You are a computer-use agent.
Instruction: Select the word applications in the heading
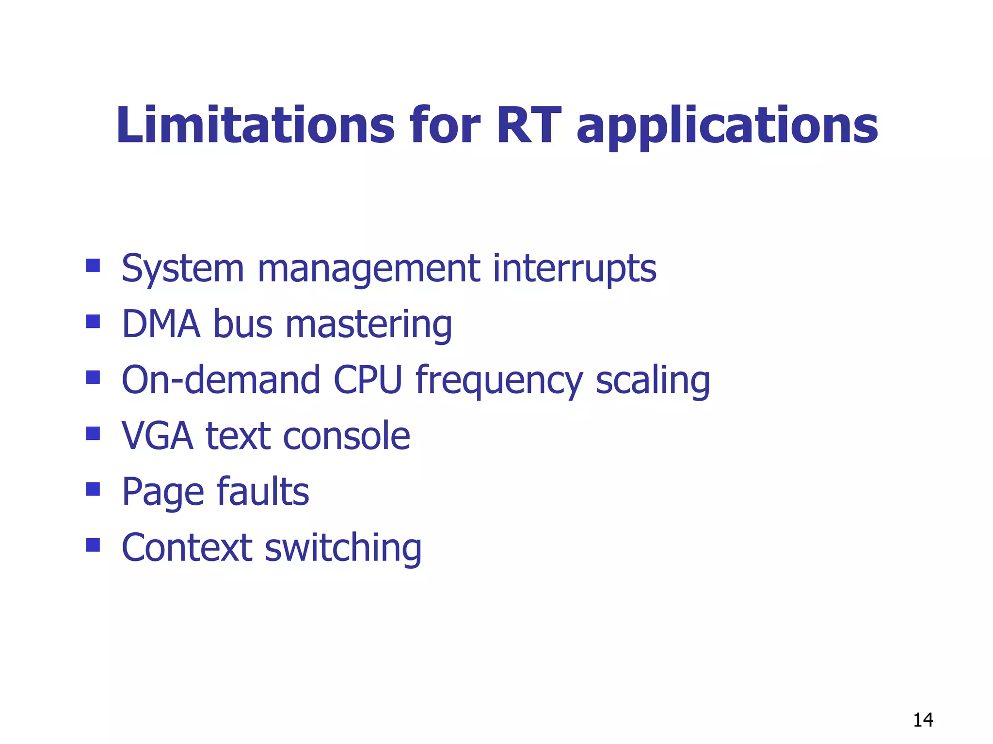(x=727, y=127)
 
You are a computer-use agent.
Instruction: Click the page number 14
(x=923, y=720)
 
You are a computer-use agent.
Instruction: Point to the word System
(x=183, y=269)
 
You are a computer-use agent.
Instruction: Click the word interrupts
(x=575, y=269)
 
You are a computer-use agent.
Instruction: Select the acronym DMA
(x=161, y=324)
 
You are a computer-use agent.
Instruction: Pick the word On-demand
(x=221, y=380)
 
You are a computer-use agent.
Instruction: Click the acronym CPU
(x=368, y=380)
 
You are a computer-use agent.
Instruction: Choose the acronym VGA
(x=158, y=436)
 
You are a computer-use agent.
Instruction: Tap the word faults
(x=263, y=492)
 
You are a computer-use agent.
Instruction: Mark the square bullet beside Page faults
(x=93, y=489)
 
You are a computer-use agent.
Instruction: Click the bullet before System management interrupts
(x=93, y=265)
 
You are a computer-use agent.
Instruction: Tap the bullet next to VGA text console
(x=93, y=433)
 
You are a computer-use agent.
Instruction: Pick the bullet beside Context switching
(x=93, y=545)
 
